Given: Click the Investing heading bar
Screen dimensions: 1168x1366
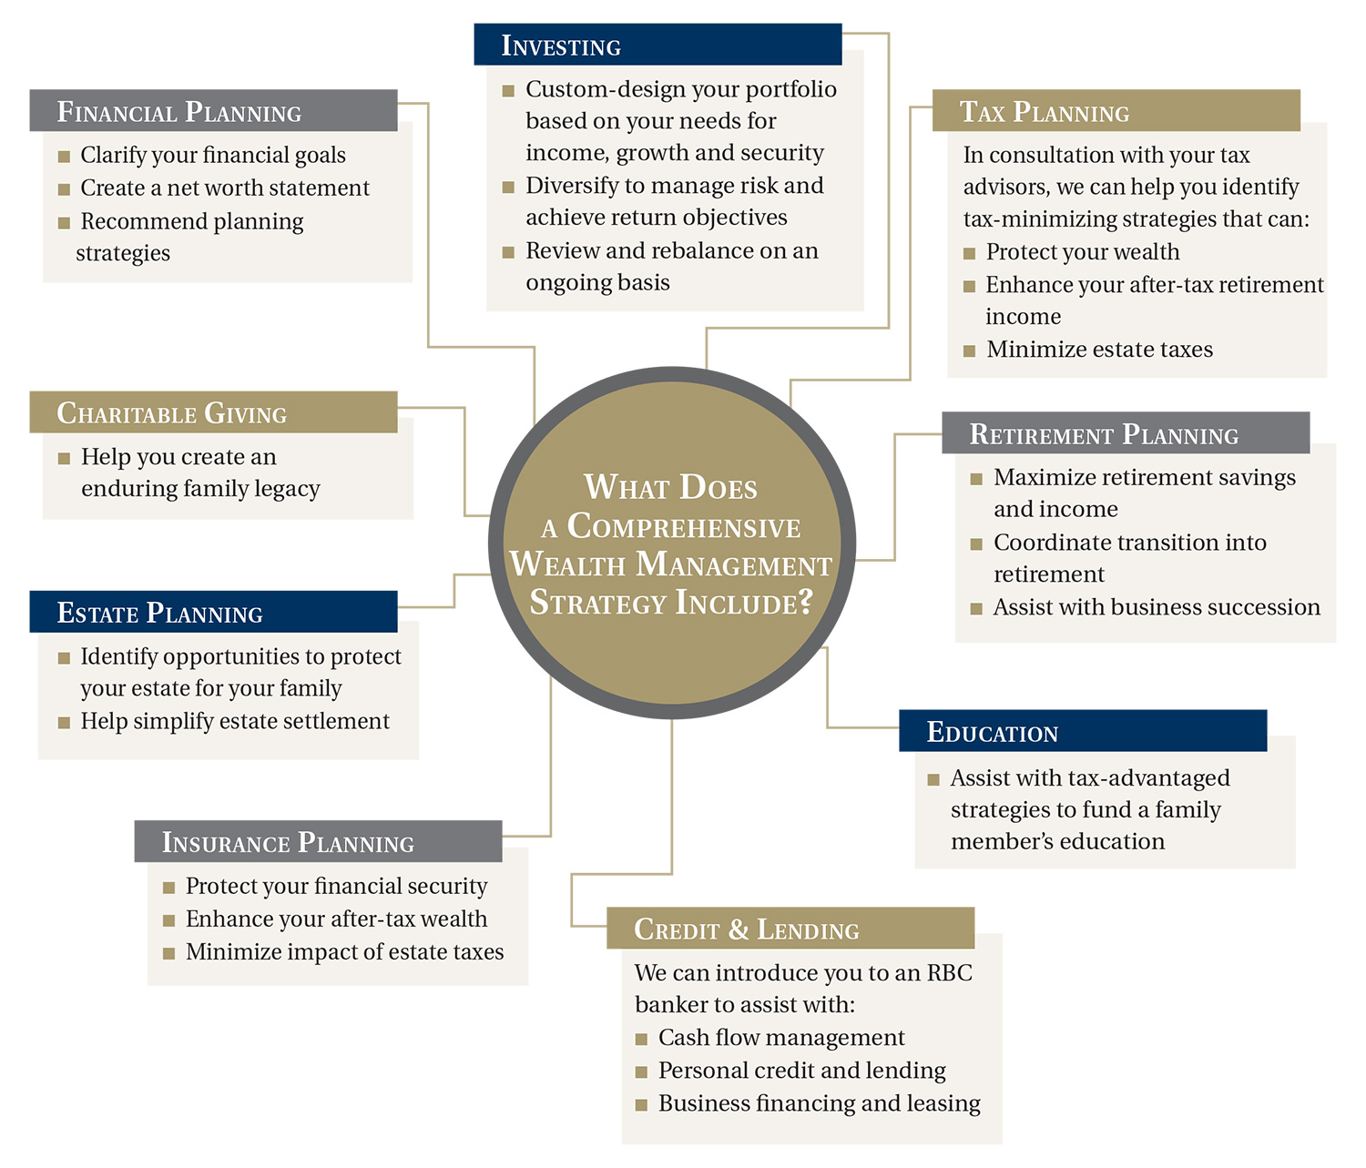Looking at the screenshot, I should [658, 45].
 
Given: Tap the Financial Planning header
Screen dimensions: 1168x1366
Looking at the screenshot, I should [213, 111].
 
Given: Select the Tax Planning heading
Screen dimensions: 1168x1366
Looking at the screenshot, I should [1116, 111].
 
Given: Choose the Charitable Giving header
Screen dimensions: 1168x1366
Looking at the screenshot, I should [213, 412].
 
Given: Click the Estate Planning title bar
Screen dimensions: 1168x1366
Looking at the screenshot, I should [213, 612].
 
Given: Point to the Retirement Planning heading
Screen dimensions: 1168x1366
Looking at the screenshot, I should [1125, 433].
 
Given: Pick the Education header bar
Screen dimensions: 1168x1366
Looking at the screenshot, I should [1082, 731].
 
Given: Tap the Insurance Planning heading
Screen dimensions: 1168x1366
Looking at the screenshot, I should [318, 842].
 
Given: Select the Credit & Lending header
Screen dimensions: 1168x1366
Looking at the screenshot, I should [790, 929].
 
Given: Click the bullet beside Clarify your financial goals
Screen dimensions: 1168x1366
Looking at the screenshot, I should [65, 157].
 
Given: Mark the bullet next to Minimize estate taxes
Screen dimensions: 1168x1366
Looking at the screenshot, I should [970, 350].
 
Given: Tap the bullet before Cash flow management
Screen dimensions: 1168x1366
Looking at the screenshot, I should [642, 1039].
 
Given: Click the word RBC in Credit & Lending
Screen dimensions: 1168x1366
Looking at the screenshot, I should [950, 972].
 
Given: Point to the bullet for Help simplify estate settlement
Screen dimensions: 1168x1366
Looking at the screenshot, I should [65, 723].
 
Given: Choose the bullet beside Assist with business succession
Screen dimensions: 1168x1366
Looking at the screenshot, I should [976, 608].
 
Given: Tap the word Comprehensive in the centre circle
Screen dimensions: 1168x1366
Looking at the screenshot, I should [683, 526].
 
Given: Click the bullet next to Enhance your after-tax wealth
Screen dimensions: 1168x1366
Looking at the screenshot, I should [169, 920].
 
